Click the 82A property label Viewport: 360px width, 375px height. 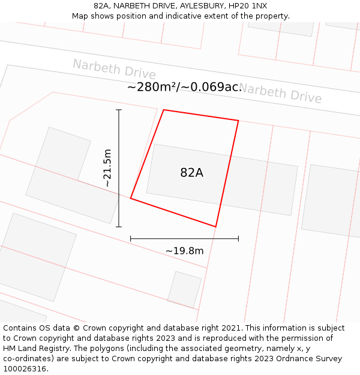point(191,173)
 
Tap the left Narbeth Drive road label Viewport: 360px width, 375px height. point(114,69)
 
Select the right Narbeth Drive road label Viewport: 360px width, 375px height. point(280,94)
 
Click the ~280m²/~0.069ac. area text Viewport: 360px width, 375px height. point(184,87)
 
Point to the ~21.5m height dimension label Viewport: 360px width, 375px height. point(107,169)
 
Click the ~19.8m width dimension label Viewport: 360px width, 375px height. point(184,251)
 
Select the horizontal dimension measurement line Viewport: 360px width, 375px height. point(184,239)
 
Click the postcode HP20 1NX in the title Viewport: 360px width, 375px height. point(247,6)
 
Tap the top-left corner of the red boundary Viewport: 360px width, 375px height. point(164,110)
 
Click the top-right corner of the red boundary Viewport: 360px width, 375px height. point(238,121)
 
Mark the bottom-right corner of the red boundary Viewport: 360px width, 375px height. point(215,227)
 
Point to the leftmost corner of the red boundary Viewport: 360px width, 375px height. point(131,198)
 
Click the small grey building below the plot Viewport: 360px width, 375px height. point(184,289)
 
